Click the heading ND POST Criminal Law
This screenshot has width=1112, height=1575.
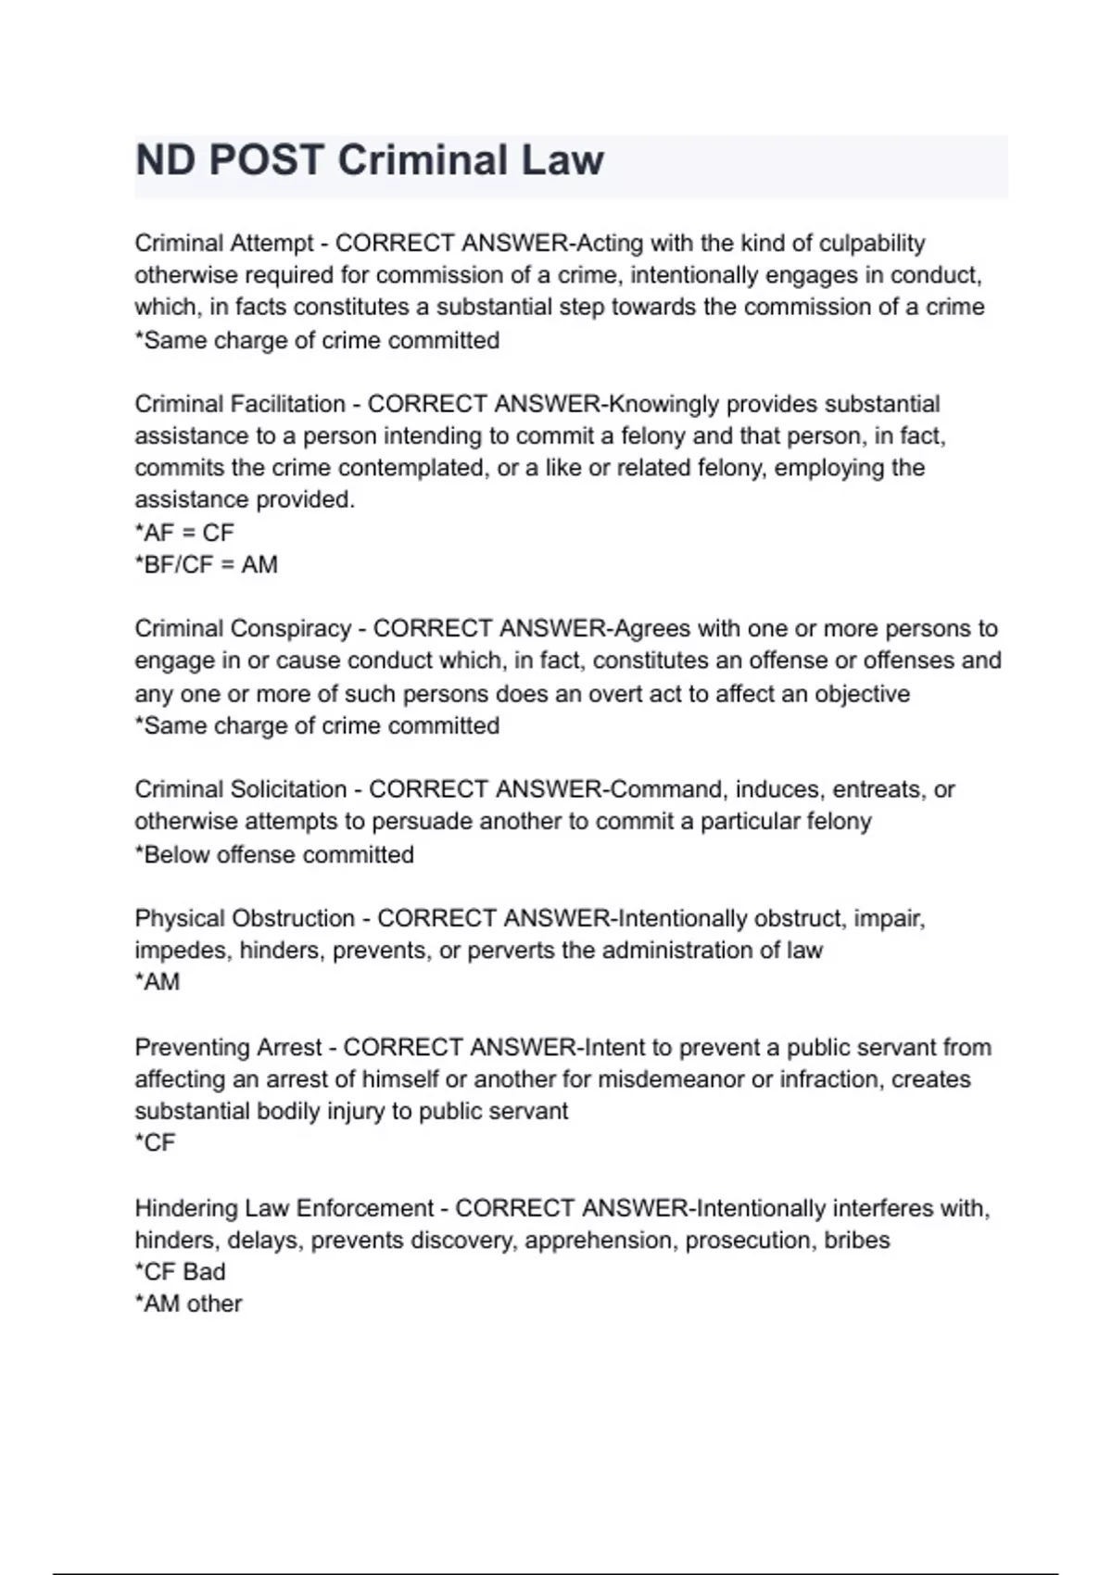[x=369, y=160]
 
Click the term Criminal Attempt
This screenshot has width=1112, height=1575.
[x=223, y=244]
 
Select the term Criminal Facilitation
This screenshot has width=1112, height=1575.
[x=239, y=405]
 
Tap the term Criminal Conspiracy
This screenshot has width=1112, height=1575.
[x=242, y=629]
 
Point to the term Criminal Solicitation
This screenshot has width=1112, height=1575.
[x=240, y=790]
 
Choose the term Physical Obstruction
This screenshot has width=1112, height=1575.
[x=245, y=919]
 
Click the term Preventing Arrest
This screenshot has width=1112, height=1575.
[x=228, y=1048]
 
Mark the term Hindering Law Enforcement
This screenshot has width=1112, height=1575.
[x=284, y=1209]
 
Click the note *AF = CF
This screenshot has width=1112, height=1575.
[x=184, y=533]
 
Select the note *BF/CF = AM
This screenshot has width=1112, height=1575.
[x=206, y=565]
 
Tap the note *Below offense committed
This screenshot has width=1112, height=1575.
[x=274, y=855]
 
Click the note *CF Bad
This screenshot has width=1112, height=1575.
[x=180, y=1272]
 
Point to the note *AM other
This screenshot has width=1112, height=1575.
[x=188, y=1304]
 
